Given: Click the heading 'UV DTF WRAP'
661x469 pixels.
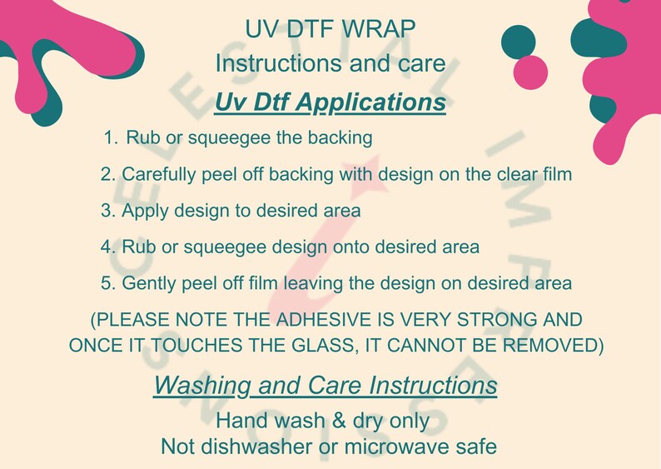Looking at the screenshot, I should pos(330,28).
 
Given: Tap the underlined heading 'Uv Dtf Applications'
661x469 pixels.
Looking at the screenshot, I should pos(330,102).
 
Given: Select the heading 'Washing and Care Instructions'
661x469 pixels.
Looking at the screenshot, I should pos(326,386).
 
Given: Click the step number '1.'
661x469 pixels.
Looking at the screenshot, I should pos(112,137).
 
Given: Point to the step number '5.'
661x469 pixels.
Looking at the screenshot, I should pos(107,283).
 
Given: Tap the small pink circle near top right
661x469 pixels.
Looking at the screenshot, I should pos(530,72).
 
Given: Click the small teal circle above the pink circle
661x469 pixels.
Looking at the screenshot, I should pos(519,42).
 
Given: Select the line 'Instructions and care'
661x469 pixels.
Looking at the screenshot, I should pos(330,63).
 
